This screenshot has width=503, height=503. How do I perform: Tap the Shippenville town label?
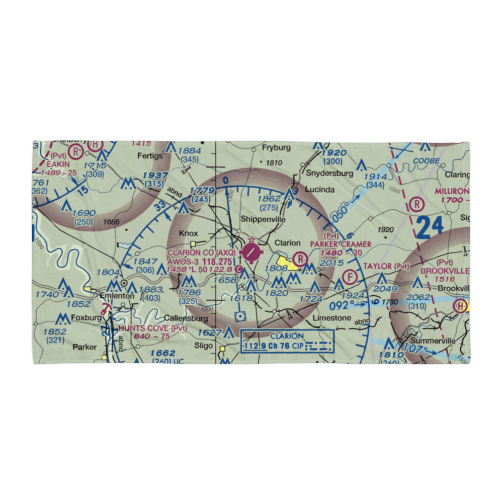pos(263,219)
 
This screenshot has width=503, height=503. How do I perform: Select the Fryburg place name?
pos(277,148)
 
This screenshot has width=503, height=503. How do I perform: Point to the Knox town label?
pos(189,233)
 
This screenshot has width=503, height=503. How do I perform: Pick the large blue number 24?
pos(430,227)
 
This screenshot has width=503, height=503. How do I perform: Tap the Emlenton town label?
pos(118,296)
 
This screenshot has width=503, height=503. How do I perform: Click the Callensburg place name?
pos(186,318)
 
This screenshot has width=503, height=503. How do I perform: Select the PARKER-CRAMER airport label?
pos(341,244)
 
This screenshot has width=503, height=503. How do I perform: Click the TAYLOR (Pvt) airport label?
pos(386,266)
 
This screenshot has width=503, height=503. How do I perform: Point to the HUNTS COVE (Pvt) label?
pos(152,328)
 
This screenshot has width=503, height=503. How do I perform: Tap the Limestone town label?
pos(332,318)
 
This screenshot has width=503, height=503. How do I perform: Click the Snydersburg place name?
pos(329,173)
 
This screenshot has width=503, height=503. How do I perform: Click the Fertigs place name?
pos(150,156)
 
